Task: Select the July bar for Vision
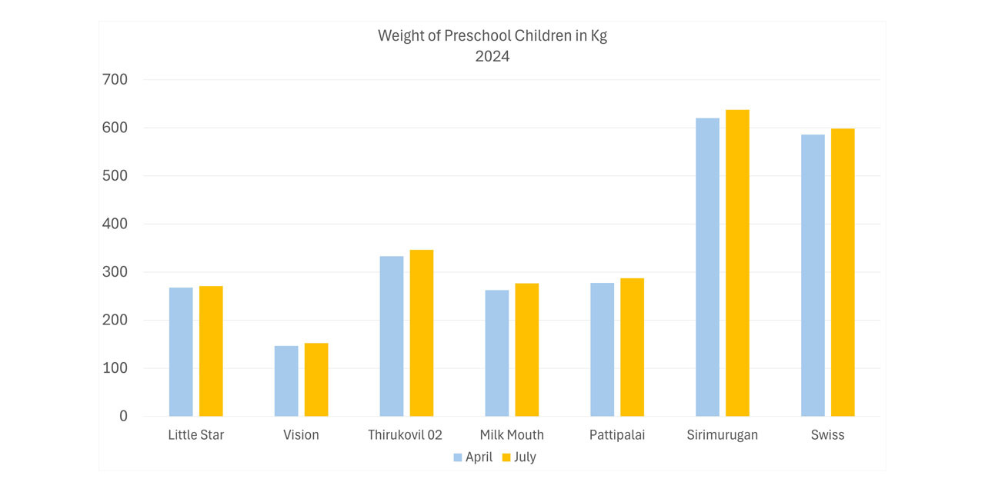(x=316, y=380)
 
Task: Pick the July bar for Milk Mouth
(x=527, y=350)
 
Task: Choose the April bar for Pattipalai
(x=603, y=350)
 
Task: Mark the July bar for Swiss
(x=843, y=272)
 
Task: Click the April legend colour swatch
(x=458, y=457)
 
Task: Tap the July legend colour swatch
(x=506, y=457)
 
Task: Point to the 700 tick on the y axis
(x=115, y=79)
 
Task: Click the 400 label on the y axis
(x=115, y=224)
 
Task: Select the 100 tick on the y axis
(x=115, y=368)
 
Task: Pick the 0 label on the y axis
(x=123, y=416)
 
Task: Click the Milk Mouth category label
(x=512, y=435)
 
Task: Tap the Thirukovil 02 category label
(x=406, y=435)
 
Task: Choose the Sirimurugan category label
(x=723, y=435)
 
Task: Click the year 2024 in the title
(x=492, y=56)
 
